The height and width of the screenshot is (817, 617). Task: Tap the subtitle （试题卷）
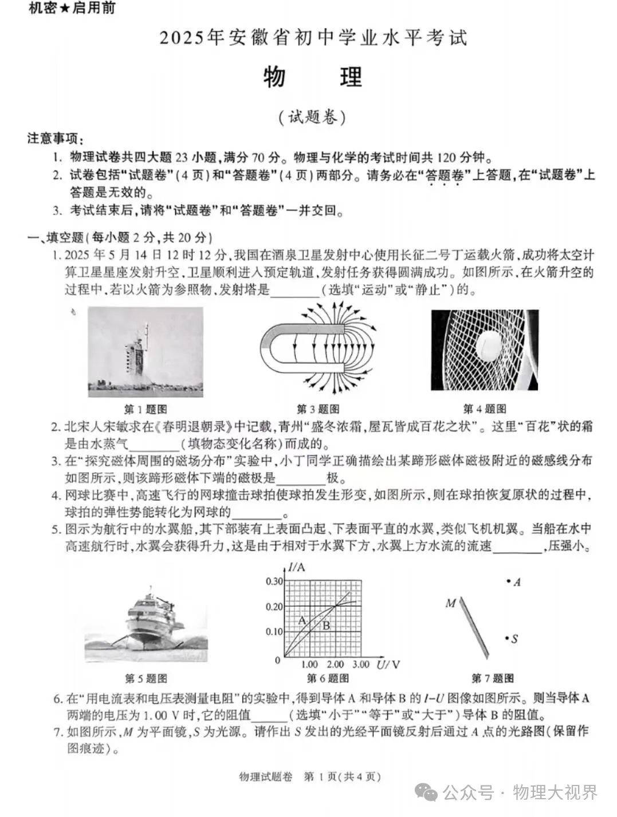tap(312, 117)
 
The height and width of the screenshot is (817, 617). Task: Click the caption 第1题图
tap(146, 409)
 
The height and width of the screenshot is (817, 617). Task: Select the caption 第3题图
tap(317, 409)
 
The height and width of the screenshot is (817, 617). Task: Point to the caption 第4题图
tap(484, 409)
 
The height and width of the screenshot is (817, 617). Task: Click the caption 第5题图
tap(146, 679)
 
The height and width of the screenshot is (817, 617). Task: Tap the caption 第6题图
tap(328, 679)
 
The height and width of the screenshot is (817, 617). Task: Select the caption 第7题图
tap(492, 679)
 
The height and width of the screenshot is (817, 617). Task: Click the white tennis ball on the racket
tap(490, 344)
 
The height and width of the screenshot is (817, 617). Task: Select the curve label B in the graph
tap(326, 626)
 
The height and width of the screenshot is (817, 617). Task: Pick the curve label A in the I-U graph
tap(302, 620)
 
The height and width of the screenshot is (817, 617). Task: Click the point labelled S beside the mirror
tap(508, 638)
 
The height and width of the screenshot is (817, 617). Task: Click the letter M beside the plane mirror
tap(451, 603)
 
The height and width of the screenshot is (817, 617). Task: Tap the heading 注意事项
tap(55, 139)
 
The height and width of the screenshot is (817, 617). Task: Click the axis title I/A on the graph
tap(297, 568)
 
